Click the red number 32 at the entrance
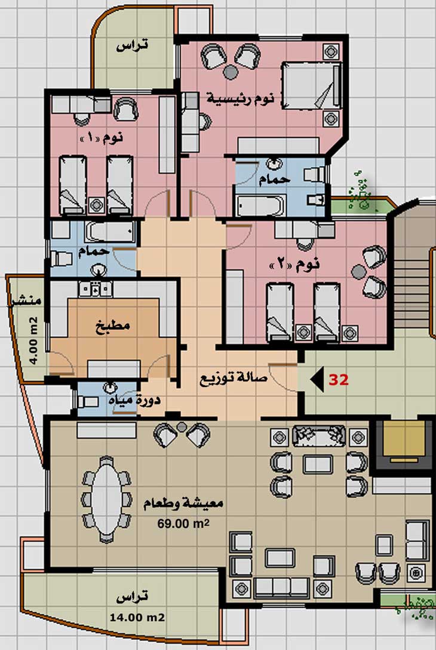pos(339,380)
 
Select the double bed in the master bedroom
pos(312,86)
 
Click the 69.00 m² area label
pos(183,523)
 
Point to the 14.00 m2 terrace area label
pos(137,617)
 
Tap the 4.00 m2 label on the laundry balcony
pos(34,341)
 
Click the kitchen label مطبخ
pos(113,324)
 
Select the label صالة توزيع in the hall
pos(234,379)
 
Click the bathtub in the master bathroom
pos(260,206)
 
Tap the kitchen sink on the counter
pos(96,289)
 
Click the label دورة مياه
pos(135,400)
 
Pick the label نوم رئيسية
pos(240,99)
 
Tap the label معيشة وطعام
pos(183,504)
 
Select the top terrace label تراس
pos(132,45)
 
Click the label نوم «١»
pos(101,137)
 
